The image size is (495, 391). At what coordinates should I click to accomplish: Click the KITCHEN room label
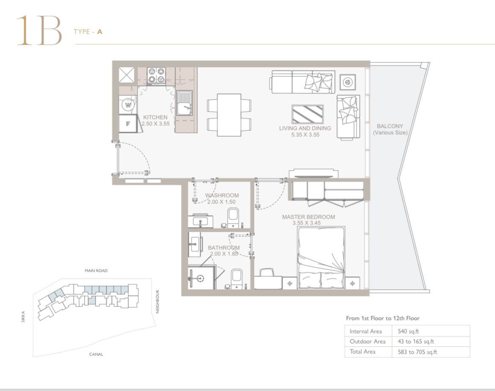pos(155,117)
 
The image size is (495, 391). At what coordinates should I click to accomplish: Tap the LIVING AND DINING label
pos(305,128)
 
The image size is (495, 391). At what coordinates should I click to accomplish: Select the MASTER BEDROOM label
pos(308,217)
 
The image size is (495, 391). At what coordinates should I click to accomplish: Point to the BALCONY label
pos(390,126)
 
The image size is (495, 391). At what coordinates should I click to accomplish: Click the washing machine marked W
pos(128,105)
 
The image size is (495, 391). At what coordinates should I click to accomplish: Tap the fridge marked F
pos(128,123)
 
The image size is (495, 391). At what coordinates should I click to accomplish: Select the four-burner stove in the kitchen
pos(157,76)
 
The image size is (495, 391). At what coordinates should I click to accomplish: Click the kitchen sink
pos(184,103)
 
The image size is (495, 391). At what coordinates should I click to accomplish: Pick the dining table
pos(229,115)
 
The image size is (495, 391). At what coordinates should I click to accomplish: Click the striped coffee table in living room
pos(308,114)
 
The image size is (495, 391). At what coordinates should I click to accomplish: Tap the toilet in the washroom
pos(233,218)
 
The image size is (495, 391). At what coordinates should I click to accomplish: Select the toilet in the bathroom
pos(236,279)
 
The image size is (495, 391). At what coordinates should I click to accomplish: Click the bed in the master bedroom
pos(322,257)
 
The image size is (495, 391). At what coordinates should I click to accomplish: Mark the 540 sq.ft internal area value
pos(408,331)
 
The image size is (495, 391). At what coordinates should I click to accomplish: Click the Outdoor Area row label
pos(368,342)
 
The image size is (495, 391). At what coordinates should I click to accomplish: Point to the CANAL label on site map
pos(96,354)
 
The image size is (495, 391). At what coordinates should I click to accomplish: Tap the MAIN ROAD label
pos(96,271)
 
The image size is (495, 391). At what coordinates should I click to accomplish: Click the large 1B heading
pos(39,30)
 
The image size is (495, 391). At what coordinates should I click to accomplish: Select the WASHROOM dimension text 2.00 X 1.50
pos(221,202)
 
